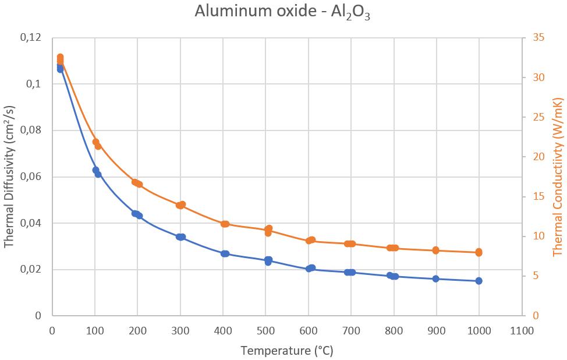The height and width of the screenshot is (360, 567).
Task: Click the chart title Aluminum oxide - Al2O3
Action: [x=283, y=12]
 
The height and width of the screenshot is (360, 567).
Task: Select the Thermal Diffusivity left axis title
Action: [x=10, y=177]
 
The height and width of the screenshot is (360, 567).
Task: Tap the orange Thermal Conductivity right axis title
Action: [x=557, y=177]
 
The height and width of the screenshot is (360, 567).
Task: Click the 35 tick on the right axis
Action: [x=538, y=38]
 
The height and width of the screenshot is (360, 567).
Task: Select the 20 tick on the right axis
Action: [x=538, y=157]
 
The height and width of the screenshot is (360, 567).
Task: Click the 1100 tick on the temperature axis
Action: [x=521, y=331]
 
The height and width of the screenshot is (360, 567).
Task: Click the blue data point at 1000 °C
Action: [x=479, y=281]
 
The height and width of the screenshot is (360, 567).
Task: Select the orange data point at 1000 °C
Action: [x=479, y=252]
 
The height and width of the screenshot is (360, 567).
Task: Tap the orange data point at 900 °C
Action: [x=435, y=250]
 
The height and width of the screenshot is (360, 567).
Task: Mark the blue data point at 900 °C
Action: [x=435, y=279]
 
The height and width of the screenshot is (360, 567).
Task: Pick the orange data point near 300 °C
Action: [x=180, y=205]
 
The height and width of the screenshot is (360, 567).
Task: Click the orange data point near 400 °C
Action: [x=225, y=224]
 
